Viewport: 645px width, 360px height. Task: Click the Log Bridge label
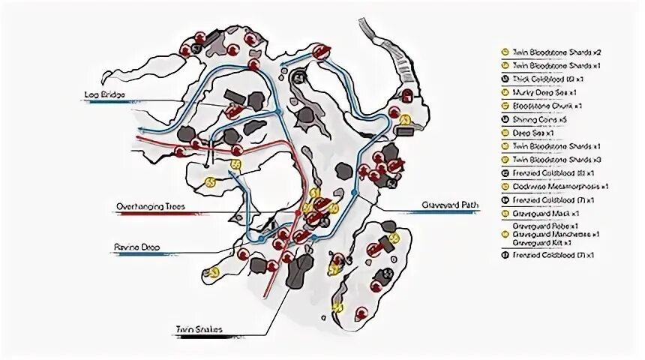coord(104,94)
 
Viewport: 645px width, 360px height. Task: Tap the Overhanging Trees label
coord(142,205)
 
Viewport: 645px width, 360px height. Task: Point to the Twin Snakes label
coord(193,328)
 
